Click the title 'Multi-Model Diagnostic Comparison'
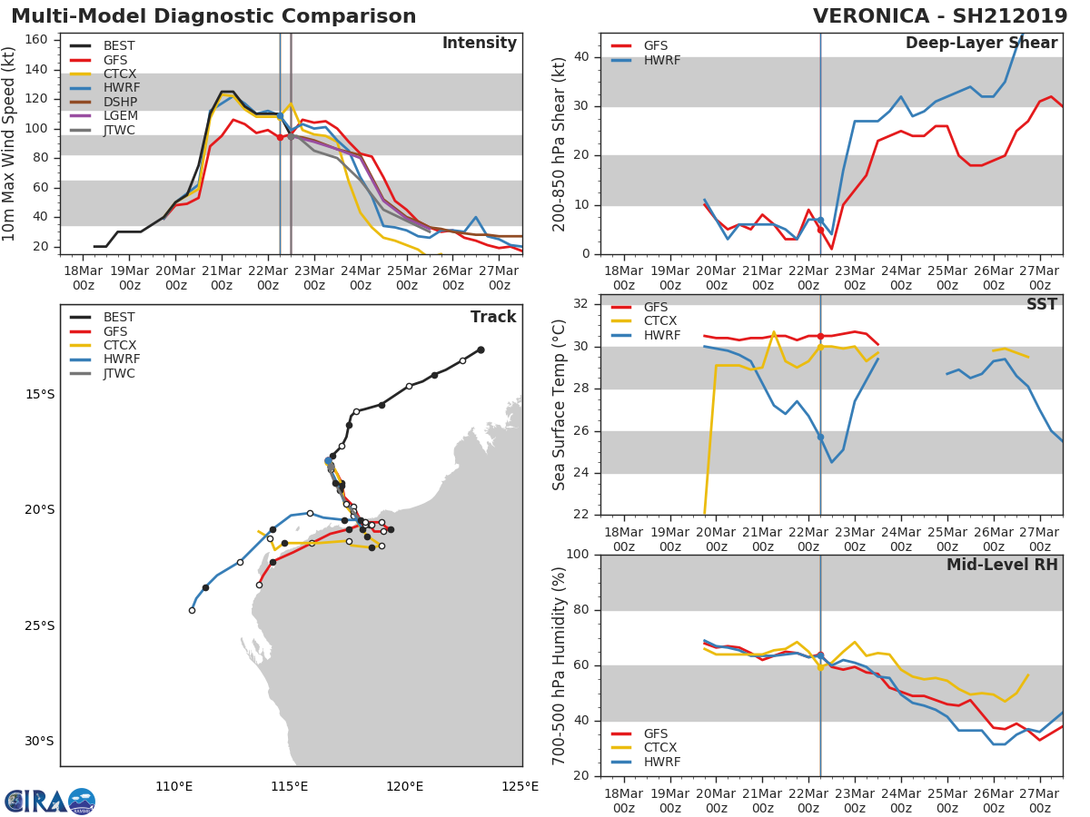(213, 16)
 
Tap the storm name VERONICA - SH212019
(940, 16)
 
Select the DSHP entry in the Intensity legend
(120, 102)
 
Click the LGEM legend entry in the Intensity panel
(120, 116)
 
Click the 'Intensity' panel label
(479, 44)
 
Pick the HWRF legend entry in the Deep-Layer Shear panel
(661, 60)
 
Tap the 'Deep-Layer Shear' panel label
(981, 44)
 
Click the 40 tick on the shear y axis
(582, 57)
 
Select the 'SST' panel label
(1041, 304)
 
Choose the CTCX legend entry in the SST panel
(661, 321)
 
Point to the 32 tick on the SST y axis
(582, 304)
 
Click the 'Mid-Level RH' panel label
(1002, 565)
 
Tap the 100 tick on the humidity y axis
(578, 555)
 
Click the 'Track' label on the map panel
(492, 317)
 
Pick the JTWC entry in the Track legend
(119, 373)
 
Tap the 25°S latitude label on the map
(40, 625)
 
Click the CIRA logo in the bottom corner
(50, 801)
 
